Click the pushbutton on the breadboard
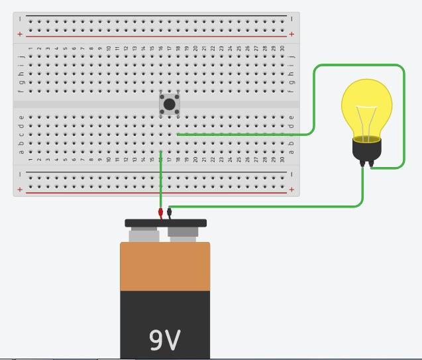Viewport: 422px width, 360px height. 170,104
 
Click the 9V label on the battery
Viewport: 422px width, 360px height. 164,339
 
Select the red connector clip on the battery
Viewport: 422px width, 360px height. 160,212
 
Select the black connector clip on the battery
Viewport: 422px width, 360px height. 170,212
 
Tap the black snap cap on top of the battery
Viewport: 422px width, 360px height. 166,223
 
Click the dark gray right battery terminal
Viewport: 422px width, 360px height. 185,234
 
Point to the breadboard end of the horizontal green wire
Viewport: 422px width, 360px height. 178,135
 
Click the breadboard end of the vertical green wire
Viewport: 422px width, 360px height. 161,152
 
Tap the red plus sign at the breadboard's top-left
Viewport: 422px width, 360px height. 20,34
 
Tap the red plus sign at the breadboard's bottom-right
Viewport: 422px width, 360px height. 291,190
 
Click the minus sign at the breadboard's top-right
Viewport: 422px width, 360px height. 291,19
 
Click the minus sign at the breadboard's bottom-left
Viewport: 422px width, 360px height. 20,174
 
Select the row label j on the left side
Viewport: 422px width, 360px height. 21,56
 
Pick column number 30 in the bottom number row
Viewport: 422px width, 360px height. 282,160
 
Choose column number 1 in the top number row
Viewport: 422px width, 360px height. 30,48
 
